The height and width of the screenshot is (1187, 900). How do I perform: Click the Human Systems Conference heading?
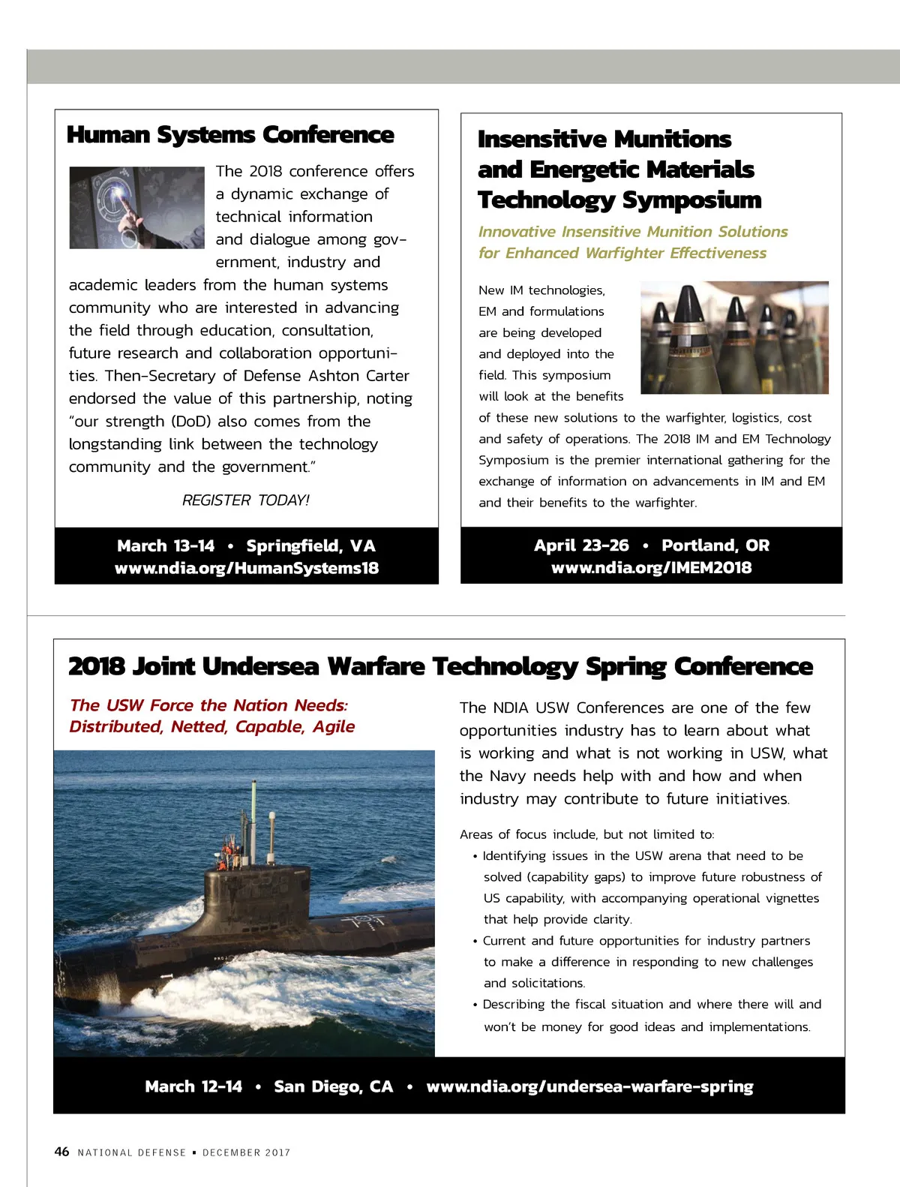pos(230,135)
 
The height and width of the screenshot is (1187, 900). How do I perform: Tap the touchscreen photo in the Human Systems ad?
pos(136,208)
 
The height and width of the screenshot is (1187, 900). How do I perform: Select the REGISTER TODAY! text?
pos(245,500)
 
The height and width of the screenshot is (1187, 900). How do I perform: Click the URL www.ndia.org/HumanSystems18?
pos(247,569)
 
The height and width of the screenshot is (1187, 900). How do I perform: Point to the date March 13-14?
pos(166,546)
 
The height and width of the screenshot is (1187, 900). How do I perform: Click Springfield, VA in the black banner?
pos(310,546)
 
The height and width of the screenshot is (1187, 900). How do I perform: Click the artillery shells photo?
pos(734,338)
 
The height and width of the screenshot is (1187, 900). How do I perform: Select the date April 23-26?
pos(581,545)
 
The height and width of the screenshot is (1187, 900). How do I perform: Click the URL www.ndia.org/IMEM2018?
pos(651,568)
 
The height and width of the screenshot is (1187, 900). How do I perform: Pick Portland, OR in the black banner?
pos(715,545)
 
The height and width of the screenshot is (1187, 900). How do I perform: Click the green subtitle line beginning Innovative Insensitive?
pos(633,232)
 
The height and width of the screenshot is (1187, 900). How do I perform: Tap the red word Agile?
pos(334,726)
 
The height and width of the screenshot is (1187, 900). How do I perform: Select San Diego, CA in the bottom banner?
pos(333,1086)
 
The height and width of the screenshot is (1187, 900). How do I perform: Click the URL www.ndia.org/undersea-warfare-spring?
pos(589,1086)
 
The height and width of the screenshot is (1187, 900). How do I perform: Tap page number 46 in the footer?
pos(61,1152)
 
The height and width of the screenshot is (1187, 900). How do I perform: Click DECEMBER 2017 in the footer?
pos(246,1152)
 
